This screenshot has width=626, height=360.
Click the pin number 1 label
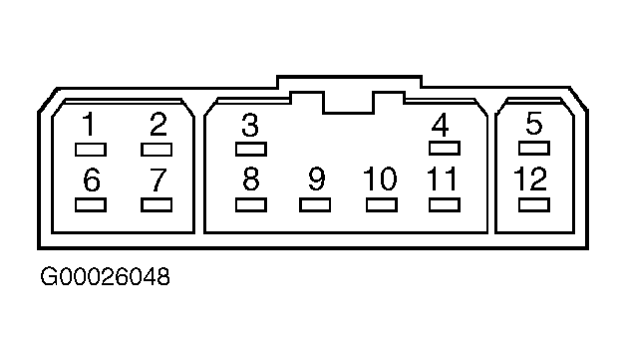[89, 125]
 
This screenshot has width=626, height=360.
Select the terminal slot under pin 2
[156, 150]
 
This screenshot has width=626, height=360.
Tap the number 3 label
[251, 125]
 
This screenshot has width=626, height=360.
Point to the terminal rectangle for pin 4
[445, 149]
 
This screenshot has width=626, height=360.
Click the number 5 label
[534, 123]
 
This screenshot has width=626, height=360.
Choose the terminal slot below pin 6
[91, 205]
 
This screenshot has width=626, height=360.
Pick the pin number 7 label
[157, 180]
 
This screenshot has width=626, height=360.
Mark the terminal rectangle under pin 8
[251, 205]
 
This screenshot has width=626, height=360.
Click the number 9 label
[317, 179]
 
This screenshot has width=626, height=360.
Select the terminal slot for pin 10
[381, 205]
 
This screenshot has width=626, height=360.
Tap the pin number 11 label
[442, 179]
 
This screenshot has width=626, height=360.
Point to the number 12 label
[530, 179]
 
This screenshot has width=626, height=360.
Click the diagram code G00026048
[105, 276]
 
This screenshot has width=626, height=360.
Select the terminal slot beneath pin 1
[91, 150]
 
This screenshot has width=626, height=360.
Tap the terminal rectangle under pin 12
[534, 205]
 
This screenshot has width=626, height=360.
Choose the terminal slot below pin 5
[534, 149]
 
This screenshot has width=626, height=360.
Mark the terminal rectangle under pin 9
[315, 205]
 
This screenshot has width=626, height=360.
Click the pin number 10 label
[380, 179]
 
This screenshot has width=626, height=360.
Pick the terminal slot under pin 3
[251, 149]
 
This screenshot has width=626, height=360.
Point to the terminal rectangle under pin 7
[156, 205]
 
